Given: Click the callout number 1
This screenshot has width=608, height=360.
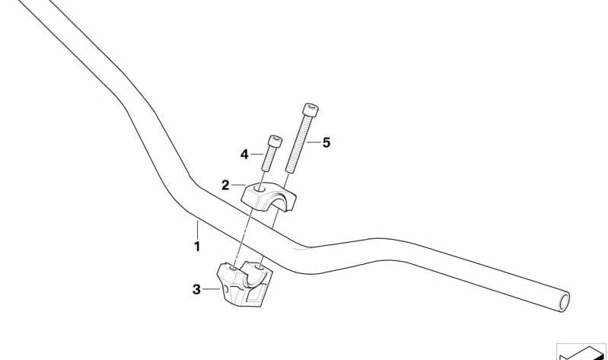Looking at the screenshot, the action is click(x=197, y=247).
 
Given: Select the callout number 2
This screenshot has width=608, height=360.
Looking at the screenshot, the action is click(x=225, y=185).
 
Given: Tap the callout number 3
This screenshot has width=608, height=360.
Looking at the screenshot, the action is click(x=196, y=289).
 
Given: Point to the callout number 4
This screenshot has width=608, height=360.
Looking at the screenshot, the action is click(x=244, y=155).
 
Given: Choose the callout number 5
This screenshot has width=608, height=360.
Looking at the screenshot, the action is click(x=326, y=142).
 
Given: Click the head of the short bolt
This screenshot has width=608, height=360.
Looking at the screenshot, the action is click(x=275, y=142).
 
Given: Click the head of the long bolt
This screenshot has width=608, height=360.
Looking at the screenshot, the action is click(x=310, y=110).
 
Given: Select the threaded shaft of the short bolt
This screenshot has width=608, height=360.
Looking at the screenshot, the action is click(x=269, y=159).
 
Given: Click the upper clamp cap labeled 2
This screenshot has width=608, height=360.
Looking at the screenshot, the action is click(x=269, y=197).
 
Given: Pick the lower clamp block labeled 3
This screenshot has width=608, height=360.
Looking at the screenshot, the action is click(x=244, y=284).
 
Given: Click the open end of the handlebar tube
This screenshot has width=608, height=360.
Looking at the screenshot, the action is click(x=564, y=301).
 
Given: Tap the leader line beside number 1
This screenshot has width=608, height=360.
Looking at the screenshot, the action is click(x=197, y=230).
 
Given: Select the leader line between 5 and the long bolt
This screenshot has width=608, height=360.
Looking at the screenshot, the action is click(x=314, y=142).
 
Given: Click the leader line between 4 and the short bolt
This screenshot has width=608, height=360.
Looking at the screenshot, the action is click(x=256, y=155).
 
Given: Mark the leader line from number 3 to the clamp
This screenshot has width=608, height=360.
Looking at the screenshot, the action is click(x=212, y=289).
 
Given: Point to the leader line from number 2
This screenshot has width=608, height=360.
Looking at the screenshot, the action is click(x=238, y=185).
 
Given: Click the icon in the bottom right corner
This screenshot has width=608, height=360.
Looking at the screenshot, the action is click(x=581, y=352).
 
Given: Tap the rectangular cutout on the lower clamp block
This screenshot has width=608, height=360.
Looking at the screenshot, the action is click(x=254, y=295).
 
